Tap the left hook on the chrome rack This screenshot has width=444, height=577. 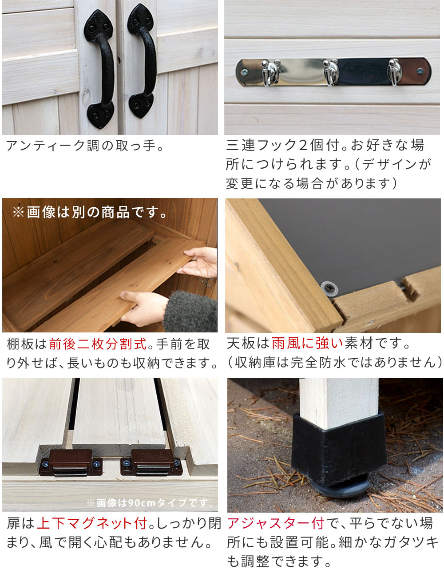tap(270, 72)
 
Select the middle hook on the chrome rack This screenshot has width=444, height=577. tap(331, 72)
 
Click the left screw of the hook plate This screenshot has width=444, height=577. tap(244, 72)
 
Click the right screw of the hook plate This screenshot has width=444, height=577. tap(420, 71)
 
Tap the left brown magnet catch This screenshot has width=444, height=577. tap(71, 462)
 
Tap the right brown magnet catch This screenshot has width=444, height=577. tap(151, 462)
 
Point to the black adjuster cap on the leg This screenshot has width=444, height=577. tap(339, 448)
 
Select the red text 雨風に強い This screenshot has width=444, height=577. tap(307, 344)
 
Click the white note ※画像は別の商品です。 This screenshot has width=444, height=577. tap(90, 213)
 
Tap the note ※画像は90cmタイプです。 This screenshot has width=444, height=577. tap(150, 502)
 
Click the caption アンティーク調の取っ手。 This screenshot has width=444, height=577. tap(85, 146)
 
